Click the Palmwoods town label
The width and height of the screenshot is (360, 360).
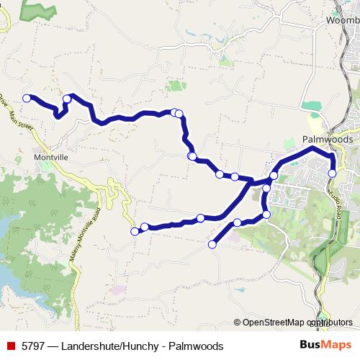tap(327, 140)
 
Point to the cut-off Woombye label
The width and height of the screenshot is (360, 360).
tap(343, 20)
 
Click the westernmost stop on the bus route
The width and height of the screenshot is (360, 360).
tap(27, 98)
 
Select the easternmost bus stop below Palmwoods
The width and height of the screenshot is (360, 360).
tap(332, 173)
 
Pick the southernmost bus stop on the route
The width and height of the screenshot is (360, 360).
tap(212, 245)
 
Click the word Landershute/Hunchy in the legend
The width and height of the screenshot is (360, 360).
tap(107, 346)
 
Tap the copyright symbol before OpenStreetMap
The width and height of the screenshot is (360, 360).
tap(238, 323)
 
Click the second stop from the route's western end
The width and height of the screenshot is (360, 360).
tap(66, 99)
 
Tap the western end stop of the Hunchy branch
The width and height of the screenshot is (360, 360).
tap(135, 231)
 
